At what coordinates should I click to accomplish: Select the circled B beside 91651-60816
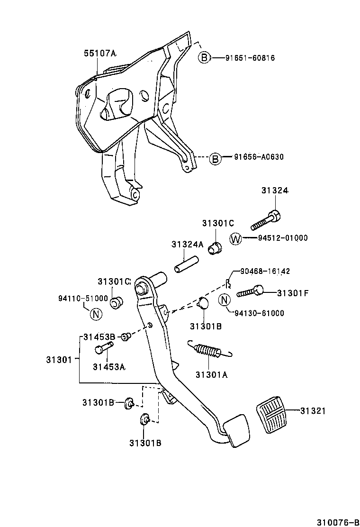pyautogui.click(x=204, y=58)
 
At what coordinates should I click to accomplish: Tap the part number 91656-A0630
pyautogui.click(x=259, y=157)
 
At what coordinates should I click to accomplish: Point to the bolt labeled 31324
pyautogui.click(x=265, y=220)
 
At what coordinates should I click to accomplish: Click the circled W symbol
pyautogui.click(x=235, y=238)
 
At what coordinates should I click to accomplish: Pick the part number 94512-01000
pyautogui.click(x=283, y=238)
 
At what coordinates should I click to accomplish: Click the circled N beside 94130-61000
pyautogui.click(x=225, y=300)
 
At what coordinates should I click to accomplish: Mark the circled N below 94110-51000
pyautogui.click(x=96, y=313)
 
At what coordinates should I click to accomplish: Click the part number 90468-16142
pyautogui.click(x=265, y=272)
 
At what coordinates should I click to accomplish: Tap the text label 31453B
pyautogui.click(x=99, y=337)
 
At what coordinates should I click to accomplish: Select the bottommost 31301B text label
pyautogui.click(x=145, y=443)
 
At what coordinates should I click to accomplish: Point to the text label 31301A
pyautogui.click(x=211, y=374)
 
